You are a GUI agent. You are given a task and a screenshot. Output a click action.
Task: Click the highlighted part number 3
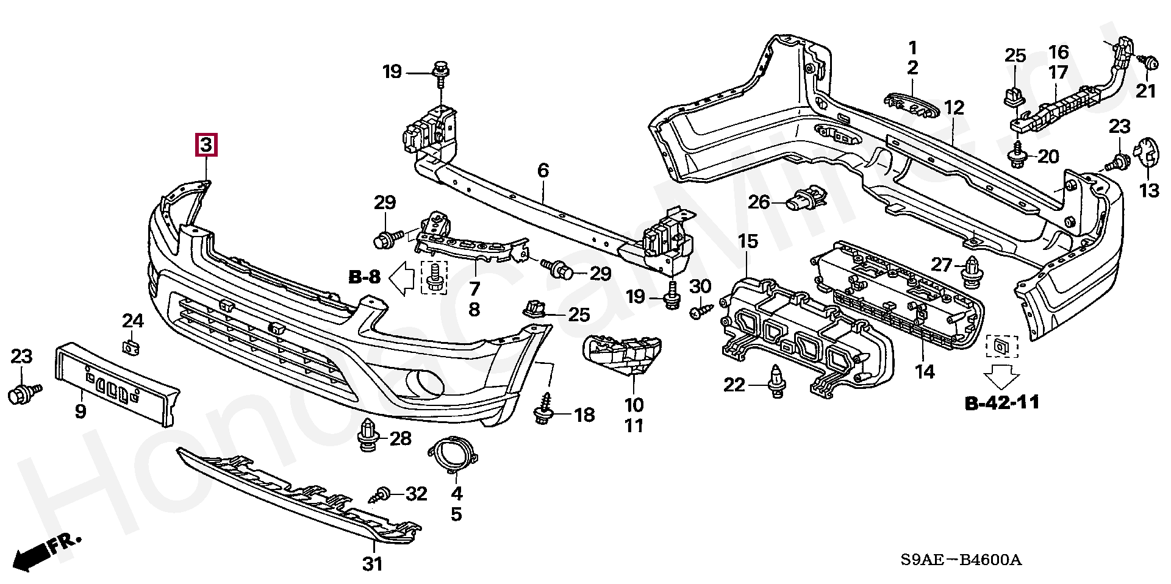point(206,145)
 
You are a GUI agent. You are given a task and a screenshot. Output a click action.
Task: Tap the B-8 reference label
point(365,277)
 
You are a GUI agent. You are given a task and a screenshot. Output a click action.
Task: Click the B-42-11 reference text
point(1002,402)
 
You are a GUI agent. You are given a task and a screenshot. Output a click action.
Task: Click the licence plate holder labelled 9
point(116,383)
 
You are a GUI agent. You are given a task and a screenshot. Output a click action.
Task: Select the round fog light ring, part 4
point(453,455)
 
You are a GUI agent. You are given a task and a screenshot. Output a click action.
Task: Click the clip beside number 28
point(368,435)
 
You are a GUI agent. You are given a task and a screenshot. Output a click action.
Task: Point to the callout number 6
point(543,171)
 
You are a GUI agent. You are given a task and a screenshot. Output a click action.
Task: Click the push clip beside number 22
point(776,382)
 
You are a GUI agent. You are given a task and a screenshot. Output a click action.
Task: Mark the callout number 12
point(954,108)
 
